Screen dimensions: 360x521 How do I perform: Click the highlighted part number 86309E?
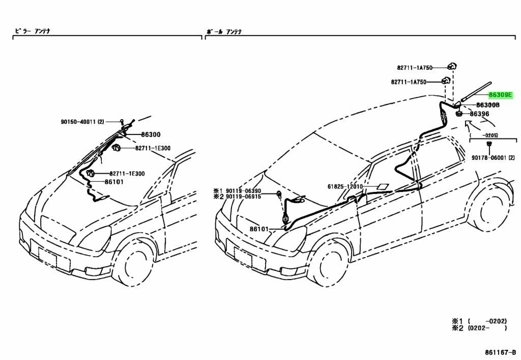(x=500, y=95)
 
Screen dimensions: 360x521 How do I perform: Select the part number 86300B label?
(x=487, y=105)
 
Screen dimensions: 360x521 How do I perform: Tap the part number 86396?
(x=479, y=114)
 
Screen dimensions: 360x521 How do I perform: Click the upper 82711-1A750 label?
(x=415, y=67)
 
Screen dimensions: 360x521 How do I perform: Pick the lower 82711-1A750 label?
(x=409, y=81)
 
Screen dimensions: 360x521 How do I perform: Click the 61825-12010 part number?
(x=345, y=187)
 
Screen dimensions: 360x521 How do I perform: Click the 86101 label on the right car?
(x=259, y=229)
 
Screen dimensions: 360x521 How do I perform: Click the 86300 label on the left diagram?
(x=151, y=135)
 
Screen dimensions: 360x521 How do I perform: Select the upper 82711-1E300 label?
(x=153, y=148)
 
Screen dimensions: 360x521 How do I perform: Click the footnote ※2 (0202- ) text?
(x=479, y=328)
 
